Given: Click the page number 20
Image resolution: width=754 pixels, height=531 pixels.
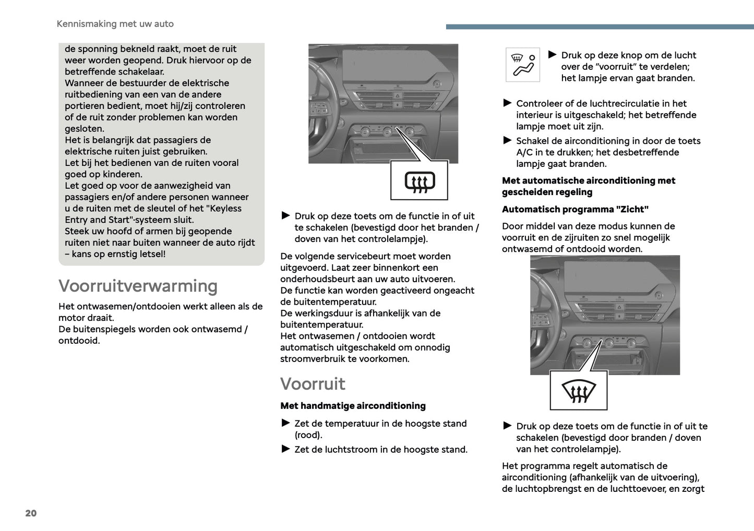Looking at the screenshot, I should [x=31, y=513].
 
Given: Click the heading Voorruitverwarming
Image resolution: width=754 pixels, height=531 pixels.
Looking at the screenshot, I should [x=138, y=286].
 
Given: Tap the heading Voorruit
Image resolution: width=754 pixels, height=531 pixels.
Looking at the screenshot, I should [x=313, y=383].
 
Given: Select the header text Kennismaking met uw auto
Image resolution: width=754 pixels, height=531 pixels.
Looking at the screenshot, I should [x=115, y=23].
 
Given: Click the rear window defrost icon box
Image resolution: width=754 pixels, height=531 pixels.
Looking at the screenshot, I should [x=420, y=181].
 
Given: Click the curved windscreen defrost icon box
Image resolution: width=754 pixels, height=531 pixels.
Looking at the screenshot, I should [x=579, y=391].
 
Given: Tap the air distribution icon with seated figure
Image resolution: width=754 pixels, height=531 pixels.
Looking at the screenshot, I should [x=523, y=65].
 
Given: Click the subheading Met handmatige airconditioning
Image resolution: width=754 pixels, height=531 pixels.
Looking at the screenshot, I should [x=353, y=406].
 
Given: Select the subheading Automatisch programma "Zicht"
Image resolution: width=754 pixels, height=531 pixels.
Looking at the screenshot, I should [x=575, y=209].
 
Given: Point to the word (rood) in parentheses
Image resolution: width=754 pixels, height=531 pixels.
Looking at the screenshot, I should [x=308, y=435].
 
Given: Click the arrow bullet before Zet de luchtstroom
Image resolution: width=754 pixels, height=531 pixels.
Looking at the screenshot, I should [x=285, y=449].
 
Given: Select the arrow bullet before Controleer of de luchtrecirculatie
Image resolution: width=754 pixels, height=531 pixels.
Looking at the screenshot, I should [x=507, y=103].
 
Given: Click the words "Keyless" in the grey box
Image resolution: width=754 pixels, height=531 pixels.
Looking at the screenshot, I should [x=225, y=208].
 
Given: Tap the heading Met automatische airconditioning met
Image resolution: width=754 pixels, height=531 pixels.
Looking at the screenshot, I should [x=588, y=180].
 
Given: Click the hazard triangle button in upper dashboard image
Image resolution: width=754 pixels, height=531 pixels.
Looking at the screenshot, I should [x=397, y=96].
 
